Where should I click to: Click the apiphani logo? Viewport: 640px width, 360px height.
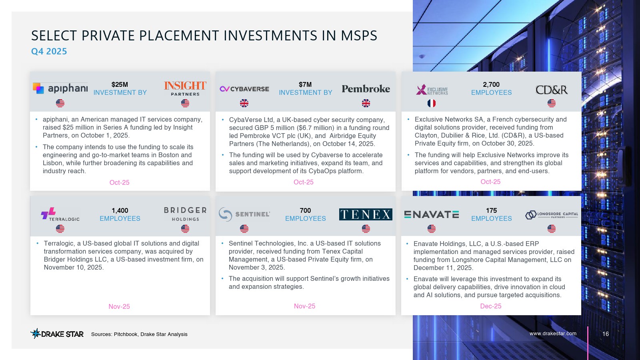point(60,88)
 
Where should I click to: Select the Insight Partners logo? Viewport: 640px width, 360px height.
point(185,88)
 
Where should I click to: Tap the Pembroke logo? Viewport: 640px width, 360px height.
point(366,89)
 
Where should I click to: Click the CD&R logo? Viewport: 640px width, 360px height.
point(552,90)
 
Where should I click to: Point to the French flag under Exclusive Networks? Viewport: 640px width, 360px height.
point(432,103)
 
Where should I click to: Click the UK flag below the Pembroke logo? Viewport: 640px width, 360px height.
point(366,103)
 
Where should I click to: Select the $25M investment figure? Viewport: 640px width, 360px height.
point(120,84)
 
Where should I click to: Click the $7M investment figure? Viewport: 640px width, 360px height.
point(305,84)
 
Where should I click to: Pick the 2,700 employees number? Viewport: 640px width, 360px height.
point(491,84)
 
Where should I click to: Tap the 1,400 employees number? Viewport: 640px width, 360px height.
point(120,210)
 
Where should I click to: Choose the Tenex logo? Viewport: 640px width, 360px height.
point(366,214)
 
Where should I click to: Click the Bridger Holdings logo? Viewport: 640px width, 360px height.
point(185,214)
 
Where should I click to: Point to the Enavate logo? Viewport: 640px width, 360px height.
point(432,214)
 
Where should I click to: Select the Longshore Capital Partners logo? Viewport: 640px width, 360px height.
point(552,214)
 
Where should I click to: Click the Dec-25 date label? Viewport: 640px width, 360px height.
point(490,306)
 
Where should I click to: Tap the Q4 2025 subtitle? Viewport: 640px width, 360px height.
point(49,52)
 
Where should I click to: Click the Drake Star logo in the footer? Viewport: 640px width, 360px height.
point(57,334)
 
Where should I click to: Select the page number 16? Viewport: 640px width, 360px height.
point(606,334)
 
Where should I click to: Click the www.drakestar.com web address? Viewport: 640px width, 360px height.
point(553,334)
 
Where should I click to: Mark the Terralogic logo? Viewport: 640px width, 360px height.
point(60,214)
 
